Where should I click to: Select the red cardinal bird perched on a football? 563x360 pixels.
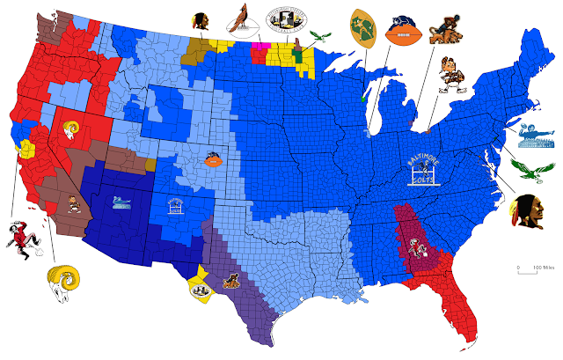tap(238, 18)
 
